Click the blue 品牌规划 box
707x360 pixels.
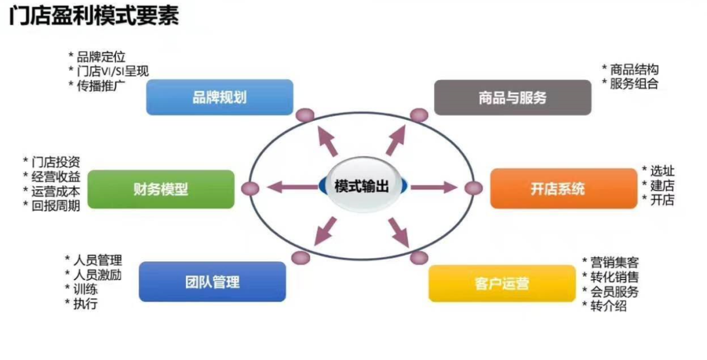219,98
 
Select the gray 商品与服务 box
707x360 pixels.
513,98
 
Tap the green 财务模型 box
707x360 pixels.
160,189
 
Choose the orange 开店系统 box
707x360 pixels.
564,189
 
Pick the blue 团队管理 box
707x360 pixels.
212,281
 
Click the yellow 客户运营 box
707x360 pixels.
502,283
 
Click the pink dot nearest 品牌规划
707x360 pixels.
305,116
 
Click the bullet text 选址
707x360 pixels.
662,171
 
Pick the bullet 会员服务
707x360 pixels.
614,291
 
